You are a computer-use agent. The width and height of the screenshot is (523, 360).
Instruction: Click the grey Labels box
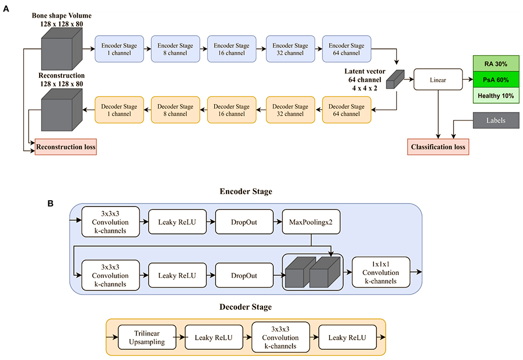496,121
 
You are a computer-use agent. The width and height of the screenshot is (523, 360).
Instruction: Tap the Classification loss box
438,147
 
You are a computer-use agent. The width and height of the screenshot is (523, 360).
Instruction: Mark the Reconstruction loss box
66,147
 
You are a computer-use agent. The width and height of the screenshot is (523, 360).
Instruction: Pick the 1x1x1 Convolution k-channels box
381,273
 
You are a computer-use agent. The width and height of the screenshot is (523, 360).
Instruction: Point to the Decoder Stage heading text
246,307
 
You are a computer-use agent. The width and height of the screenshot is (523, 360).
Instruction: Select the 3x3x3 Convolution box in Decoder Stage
280,337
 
